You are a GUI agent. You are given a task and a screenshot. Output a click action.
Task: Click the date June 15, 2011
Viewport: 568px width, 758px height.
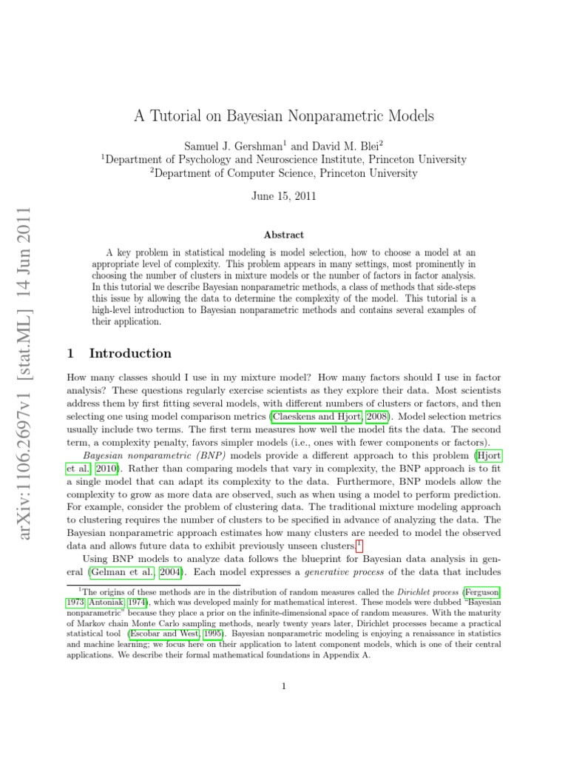coord(284,196)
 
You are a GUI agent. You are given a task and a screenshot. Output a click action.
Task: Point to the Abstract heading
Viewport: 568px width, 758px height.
coord(284,235)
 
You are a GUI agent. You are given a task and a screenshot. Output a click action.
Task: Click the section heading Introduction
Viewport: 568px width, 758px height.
coord(129,353)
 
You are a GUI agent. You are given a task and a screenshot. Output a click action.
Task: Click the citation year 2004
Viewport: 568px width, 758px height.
coord(169,571)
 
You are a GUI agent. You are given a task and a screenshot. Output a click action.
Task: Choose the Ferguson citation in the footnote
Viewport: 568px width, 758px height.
coord(481,592)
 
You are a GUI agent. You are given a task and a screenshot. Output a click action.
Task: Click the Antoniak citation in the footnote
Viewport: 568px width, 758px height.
coord(108,603)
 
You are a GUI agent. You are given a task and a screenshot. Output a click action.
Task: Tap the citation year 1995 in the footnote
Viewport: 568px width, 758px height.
coord(213,634)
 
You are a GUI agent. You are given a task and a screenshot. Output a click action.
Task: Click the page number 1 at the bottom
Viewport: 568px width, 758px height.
coord(284,686)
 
